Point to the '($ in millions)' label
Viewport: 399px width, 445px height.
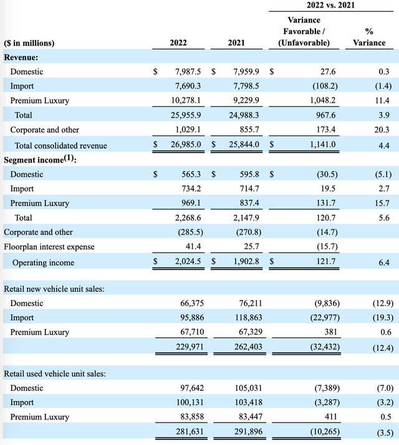pos(29,43)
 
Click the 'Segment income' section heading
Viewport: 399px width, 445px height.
pos(37,161)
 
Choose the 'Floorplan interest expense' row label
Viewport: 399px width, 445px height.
pos(49,247)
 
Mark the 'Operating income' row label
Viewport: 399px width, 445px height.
pos(43,263)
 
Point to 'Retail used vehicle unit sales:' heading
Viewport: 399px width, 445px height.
pos(55,373)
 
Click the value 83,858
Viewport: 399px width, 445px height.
pos(188,417)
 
